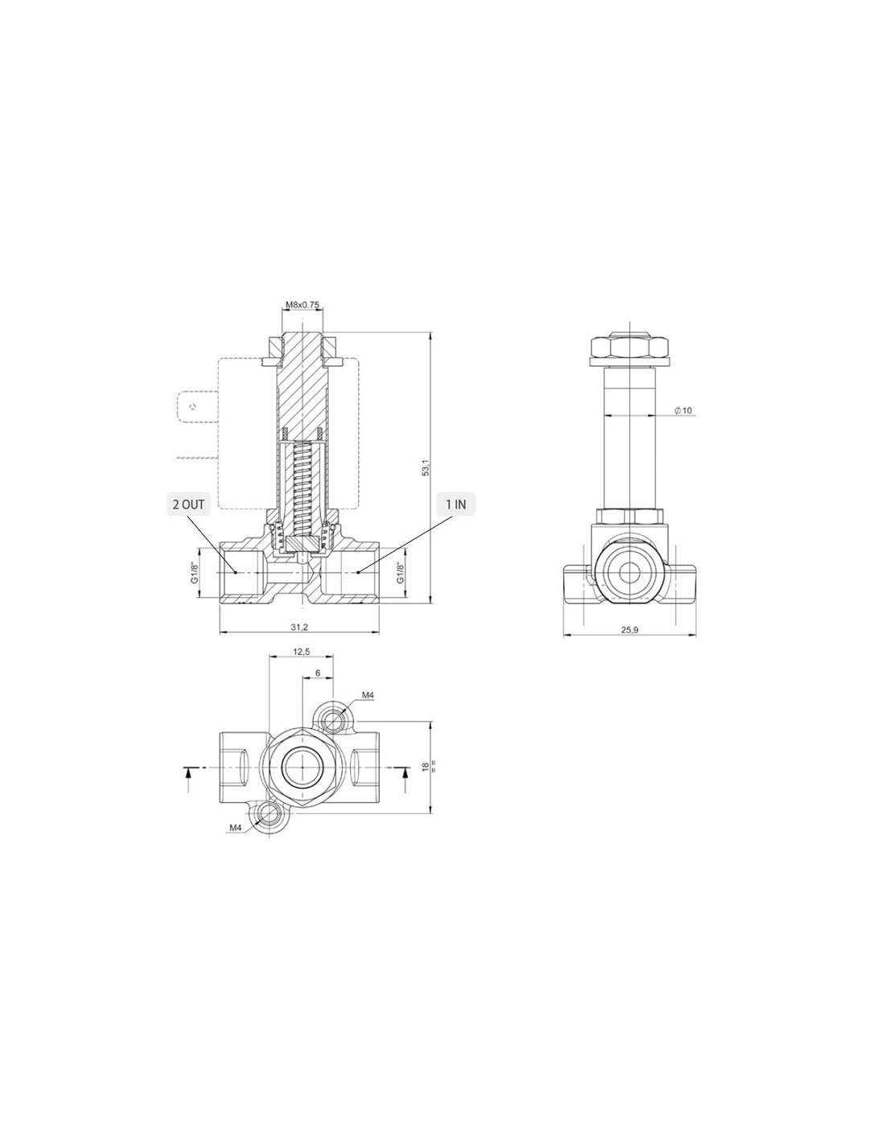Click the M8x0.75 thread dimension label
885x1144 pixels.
point(303,304)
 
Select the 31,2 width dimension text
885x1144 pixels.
point(299,627)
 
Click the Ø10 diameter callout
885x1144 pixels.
point(683,410)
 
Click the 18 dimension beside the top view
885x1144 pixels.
point(426,767)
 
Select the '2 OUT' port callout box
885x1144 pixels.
point(188,504)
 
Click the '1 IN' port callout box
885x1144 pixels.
point(456,504)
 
